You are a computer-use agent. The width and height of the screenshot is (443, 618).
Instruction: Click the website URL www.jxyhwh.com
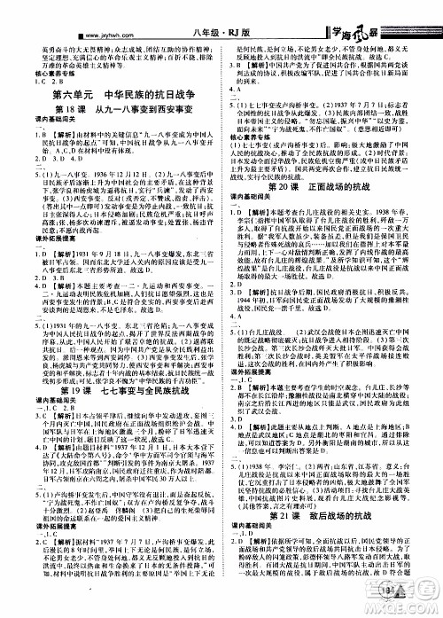pos(35,12)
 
